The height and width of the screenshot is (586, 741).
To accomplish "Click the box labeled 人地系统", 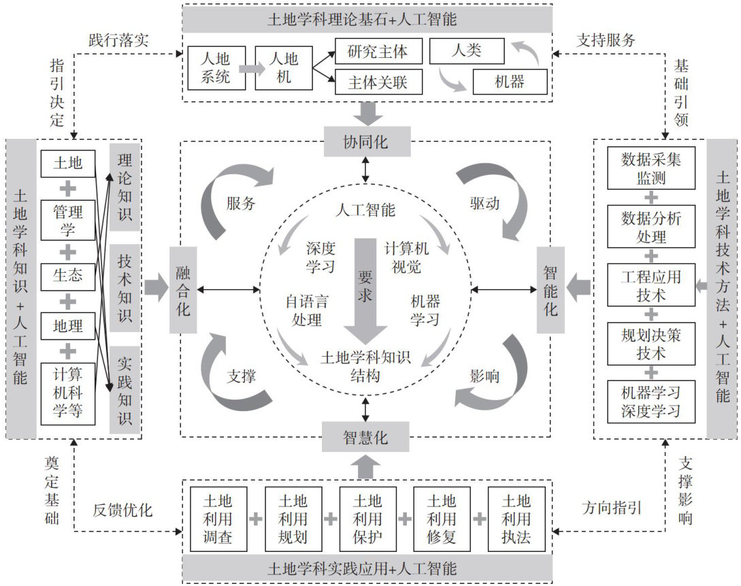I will (216, 67).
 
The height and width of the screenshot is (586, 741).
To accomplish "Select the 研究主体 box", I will (378, 52).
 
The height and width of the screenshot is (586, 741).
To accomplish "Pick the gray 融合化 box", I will (184, 290).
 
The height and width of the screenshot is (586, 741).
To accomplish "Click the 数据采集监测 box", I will (651, 169).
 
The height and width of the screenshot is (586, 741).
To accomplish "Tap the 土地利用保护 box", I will (367, 519).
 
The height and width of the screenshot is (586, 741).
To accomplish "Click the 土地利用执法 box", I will (516, 519).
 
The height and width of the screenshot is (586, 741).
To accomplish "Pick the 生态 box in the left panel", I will (68, 274).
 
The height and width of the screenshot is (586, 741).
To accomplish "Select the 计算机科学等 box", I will (68, 394).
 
